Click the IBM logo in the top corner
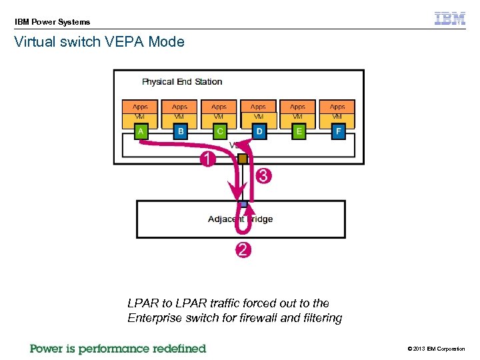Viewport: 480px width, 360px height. tap(450, 19)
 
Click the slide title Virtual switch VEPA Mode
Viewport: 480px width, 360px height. tap(99, 42)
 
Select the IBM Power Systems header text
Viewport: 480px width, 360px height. tap(52, 22)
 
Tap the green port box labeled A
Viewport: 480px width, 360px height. tap(141, 132)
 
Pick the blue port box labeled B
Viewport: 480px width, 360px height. tap(181, 132)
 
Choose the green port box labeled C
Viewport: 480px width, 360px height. tap(220, 132)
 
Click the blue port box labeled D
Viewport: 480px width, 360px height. tap(259, 132)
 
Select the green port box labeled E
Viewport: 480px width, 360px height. tap(299, 132)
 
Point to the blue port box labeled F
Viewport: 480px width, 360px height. tap(338, 132)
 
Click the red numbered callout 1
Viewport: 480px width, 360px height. tap(208, 159)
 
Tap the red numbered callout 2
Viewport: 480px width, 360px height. tap(243, 250)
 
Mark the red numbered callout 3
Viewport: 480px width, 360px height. tap(263, 176)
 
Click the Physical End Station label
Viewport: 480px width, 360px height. tap(182, 82)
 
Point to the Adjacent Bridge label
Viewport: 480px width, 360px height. tap(240, 219)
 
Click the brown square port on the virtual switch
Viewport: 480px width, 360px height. tap(243, 159)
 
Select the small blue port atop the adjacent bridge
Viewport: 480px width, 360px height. tap(243, 204)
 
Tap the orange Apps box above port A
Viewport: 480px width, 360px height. tap(140, 107)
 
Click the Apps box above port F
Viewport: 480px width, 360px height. tap(337, 107)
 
